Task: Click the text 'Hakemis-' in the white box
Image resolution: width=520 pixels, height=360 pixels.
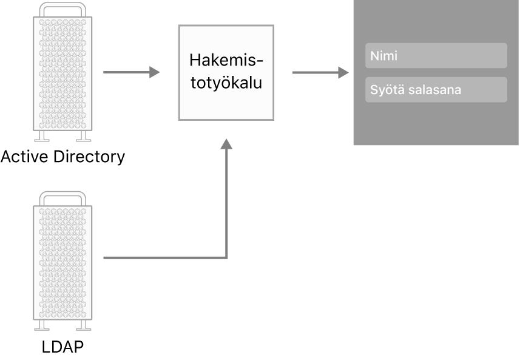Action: (226, 61)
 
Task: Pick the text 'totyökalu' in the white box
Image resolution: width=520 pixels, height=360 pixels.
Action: (226, 82)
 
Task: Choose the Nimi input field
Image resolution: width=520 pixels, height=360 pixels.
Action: (436, 55)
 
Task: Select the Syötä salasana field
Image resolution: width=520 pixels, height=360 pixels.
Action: (436, 90)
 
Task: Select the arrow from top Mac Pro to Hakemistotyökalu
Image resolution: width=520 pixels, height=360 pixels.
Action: (130, 73)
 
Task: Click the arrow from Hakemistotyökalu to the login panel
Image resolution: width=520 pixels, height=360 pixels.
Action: (320, 73)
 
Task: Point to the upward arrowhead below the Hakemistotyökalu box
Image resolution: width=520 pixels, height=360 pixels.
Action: (226, 144)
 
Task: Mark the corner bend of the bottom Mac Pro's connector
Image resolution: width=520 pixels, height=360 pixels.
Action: (226, 258)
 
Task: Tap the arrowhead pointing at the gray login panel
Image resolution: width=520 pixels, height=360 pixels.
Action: (344, 73)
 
